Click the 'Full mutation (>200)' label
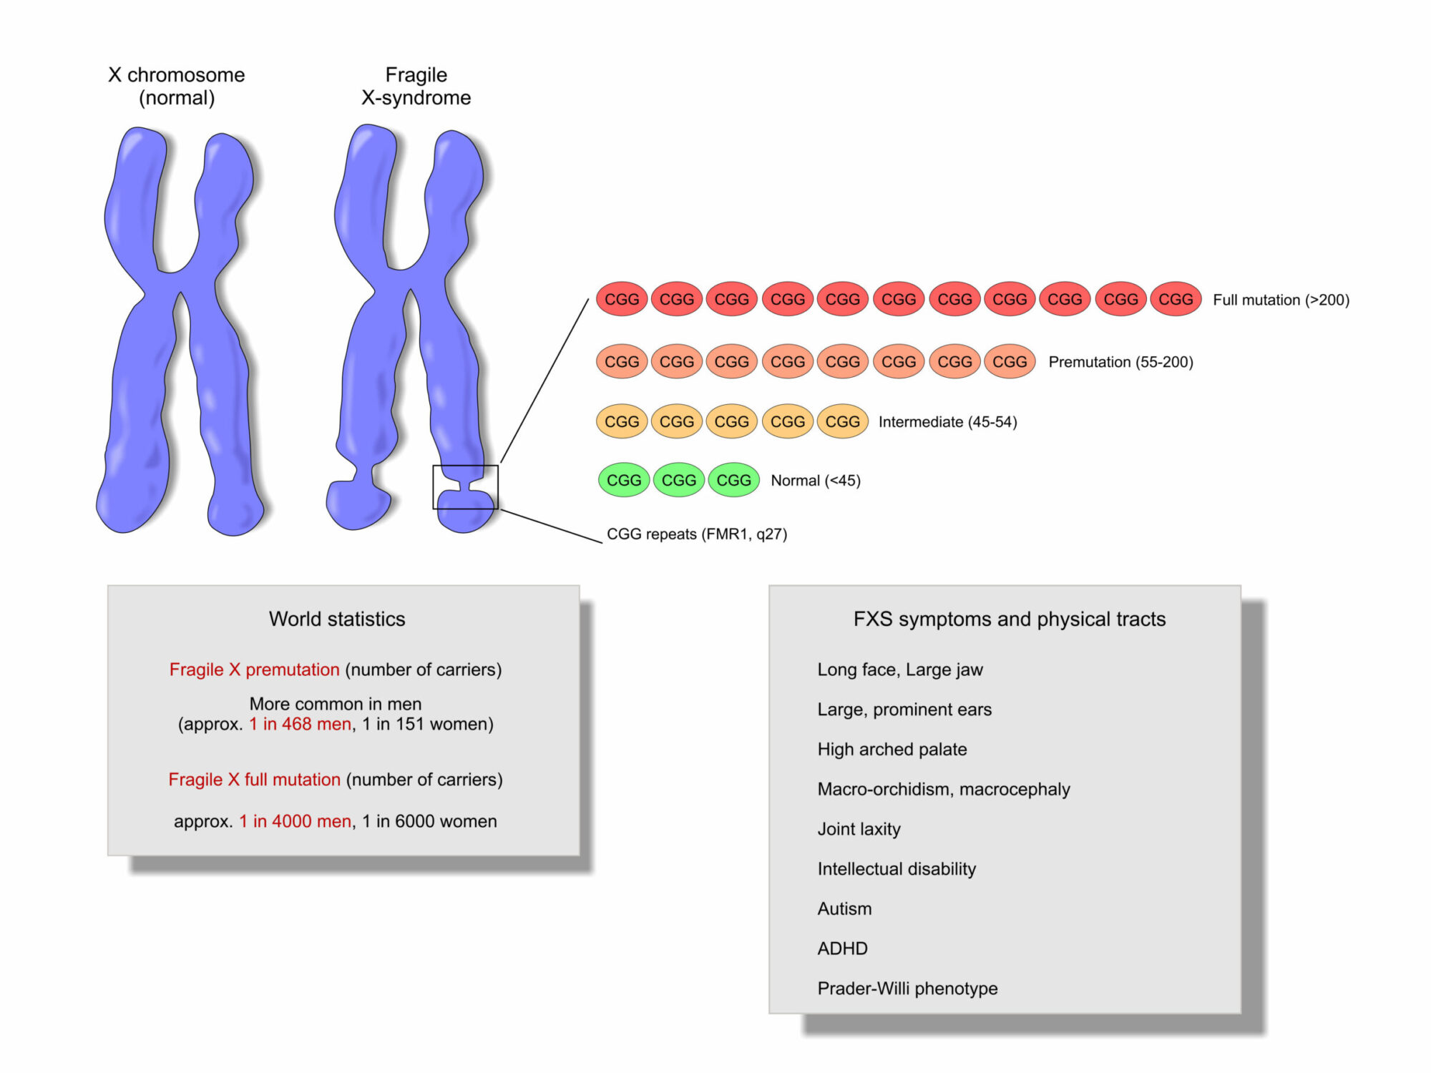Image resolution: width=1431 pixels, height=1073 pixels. click(x=1281, y=300)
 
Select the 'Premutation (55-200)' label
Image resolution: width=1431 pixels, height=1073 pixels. click(x=1120, y=362)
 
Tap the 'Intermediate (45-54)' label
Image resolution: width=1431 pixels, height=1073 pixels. click(x=947, y=422)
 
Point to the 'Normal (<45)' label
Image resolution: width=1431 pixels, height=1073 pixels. click(x=816, y=481)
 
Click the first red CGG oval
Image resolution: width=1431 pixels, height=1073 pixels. click(x=622, y=299)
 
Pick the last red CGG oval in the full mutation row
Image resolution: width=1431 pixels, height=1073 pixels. click(x=1176, y=299)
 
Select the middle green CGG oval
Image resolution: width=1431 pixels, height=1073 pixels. click(x=679, y=480)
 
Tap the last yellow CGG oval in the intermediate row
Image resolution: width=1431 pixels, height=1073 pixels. click(x=842, y=421)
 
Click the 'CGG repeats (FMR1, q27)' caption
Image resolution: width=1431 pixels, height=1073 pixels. click(x=697, y=534)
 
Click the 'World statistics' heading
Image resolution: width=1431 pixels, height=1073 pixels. click(x=337, y=619)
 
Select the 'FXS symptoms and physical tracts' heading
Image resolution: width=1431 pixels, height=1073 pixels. click(x=1010, y=619)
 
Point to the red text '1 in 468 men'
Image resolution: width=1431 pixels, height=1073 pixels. click(x=301, y=724)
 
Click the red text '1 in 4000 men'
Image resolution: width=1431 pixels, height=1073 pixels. click(x=296, y=821)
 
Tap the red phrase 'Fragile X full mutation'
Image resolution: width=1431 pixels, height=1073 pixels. click(x=255, y=779)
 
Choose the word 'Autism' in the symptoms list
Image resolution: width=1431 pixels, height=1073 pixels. click(x=844, y=908)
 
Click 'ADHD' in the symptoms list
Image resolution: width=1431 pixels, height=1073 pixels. click(x=842, y=949)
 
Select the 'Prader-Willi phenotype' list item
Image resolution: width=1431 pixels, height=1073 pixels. click(x=907, y=989)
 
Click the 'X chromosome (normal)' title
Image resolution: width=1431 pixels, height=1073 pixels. click(x=177, y=86)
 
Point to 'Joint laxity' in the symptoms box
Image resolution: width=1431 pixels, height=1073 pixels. click(x=859, y=829)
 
